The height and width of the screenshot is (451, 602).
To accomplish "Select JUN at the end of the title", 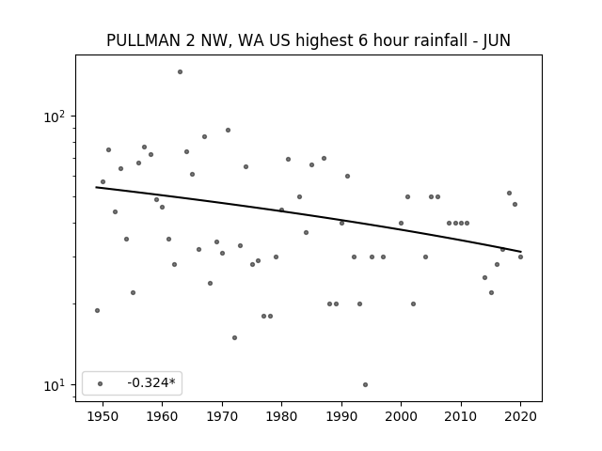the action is coord(497,40).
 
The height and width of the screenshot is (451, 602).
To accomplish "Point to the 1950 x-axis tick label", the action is coord(103,416).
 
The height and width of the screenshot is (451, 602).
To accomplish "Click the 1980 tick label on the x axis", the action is coord(281,416).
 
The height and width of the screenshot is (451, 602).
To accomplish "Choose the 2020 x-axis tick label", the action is coord(520,416).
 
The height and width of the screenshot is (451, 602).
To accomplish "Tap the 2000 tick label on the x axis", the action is coord(401,416).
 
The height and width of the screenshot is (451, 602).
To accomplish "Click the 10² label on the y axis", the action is coord(54,117).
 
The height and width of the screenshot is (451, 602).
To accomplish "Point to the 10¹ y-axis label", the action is coord(54,385).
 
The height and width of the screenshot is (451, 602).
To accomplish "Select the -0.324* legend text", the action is coord(151,382).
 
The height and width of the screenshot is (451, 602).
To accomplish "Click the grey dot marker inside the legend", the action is coord(101,383).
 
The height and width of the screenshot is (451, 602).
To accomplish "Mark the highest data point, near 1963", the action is coord(180,72).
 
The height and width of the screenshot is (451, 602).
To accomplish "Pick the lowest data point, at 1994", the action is coord(365,384).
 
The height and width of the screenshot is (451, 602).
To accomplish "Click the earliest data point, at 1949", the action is coord(97,311).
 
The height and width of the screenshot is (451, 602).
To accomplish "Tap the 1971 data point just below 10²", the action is coord(228,131).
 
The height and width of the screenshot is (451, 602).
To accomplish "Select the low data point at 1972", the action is coord(234,338).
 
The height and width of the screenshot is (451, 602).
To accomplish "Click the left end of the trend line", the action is coord(96,187).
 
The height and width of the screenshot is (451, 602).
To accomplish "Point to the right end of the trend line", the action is coord(521,252).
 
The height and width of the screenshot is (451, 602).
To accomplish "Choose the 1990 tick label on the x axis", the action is coord(341,416).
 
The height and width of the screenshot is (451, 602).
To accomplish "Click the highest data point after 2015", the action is coord(509,194).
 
